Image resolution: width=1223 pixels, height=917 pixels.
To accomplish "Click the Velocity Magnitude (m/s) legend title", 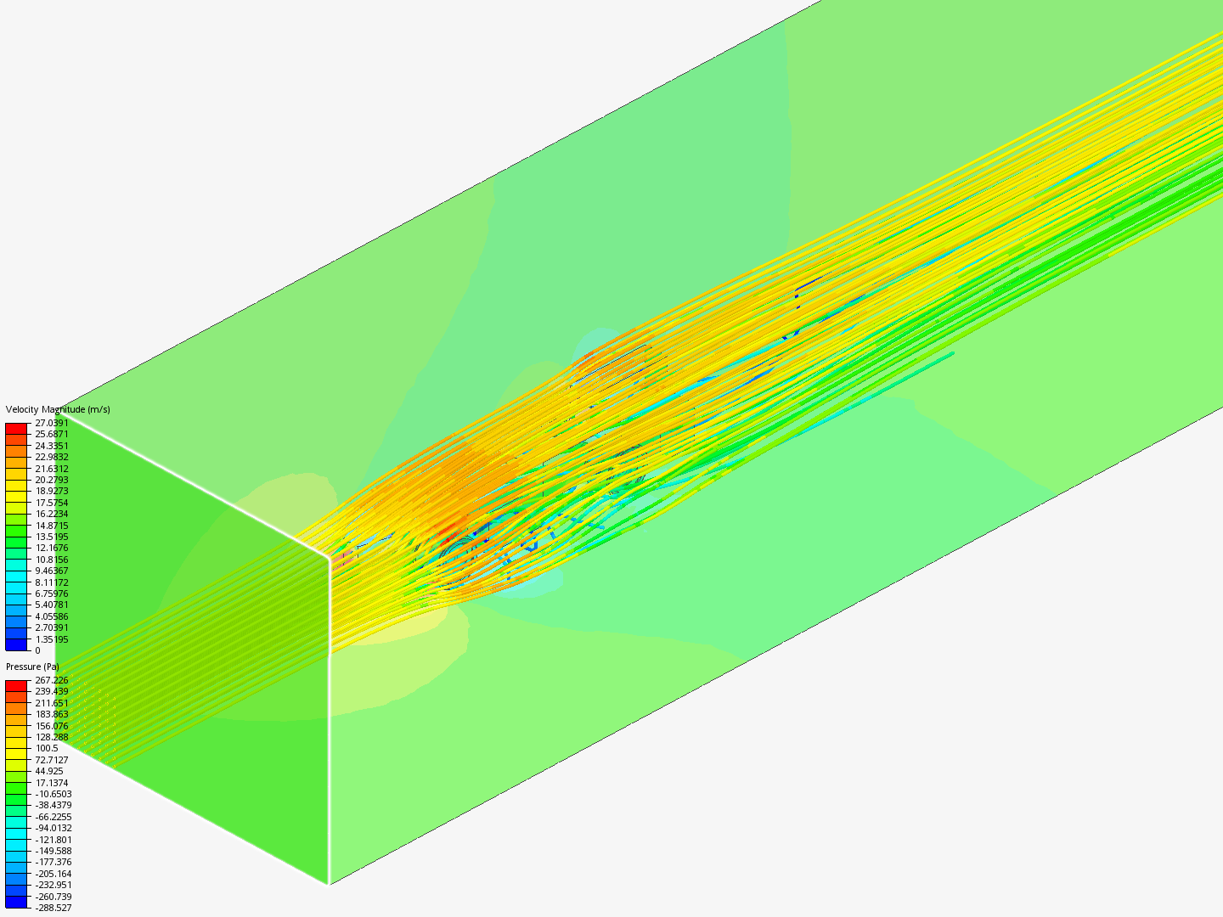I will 58,409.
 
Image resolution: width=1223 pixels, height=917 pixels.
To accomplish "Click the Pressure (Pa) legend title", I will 32,667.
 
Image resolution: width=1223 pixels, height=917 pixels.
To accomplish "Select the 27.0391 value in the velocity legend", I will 52,423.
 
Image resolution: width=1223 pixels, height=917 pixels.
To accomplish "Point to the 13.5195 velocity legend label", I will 52,537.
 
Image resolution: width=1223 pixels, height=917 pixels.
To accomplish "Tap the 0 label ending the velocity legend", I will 37,650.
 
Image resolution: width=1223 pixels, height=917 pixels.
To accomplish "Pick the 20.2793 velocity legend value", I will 52,480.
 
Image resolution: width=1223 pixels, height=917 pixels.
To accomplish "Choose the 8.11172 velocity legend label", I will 52,582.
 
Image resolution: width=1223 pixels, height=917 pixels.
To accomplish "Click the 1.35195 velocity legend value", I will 52,639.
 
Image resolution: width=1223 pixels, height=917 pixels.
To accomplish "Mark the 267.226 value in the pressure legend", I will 52,680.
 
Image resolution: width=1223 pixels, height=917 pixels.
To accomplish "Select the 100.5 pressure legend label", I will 47,748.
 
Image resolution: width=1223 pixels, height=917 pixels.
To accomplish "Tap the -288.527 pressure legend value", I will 54,908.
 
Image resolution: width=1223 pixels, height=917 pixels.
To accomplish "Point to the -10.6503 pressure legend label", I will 54,794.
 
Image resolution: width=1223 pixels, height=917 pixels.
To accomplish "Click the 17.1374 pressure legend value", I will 52,783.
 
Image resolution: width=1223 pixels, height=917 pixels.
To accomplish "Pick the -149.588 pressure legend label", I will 54,851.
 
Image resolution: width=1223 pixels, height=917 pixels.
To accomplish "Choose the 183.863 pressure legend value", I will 52,714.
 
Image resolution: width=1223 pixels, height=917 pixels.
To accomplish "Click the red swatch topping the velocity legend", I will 16,429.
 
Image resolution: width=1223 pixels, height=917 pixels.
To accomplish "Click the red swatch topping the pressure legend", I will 16,685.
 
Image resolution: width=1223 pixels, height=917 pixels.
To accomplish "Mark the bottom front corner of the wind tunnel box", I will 329,884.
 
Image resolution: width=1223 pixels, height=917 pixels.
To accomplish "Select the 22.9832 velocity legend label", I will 52,457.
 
